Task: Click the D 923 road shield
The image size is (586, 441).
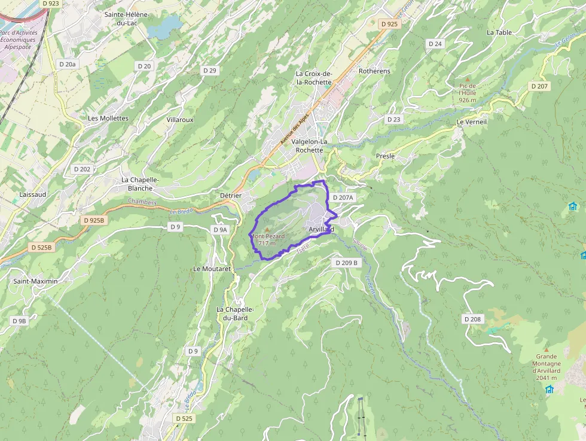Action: (x=51, y=3)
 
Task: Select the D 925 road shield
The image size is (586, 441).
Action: (x=389, y=24)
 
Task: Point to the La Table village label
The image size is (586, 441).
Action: (x=499, y=32)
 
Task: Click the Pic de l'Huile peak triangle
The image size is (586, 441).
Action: (x=468, y=78)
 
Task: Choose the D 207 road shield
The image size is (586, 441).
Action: (x=539, y=86)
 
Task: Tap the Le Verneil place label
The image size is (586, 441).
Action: (x=471, y=121)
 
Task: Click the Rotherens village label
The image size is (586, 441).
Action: (x=374, y=71)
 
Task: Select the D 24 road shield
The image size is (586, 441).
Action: (x=435, y=44)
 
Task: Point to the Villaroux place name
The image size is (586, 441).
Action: (x=180, y=120)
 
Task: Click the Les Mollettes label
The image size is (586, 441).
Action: (x=108, y=118)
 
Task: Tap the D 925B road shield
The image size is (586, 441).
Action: (x=94, y=220)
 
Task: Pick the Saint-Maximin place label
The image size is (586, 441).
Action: (x=36, y=281)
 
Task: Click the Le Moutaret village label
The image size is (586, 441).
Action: (x=212, y=269)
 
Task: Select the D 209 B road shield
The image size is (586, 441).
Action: (x=346, y=263)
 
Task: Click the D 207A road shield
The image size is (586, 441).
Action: (x=343, y=197)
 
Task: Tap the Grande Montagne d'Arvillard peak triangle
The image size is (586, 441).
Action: (x=546, y=348)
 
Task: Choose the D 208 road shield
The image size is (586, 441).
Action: (x=472, y=319)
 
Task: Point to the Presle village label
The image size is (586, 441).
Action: (x=385, y=156)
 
